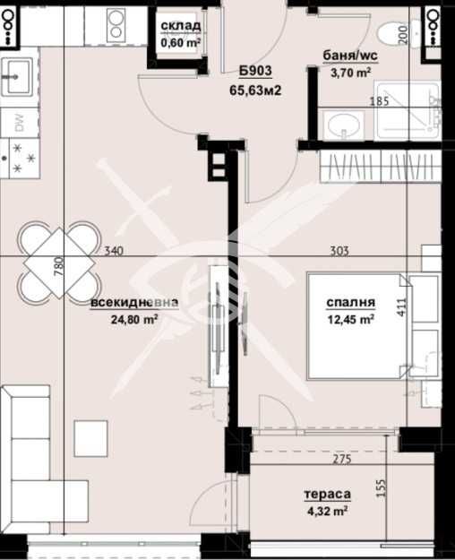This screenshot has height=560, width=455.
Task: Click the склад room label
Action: click(180, 25)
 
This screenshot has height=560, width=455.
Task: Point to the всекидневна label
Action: click(134, 302)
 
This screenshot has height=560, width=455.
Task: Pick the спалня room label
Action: click(349, 302)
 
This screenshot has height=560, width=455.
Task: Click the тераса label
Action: click(327, 494)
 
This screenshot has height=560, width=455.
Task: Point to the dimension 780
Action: click(58, 269)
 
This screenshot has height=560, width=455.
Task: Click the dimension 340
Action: click(112, 252)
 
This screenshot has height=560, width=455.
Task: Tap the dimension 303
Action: click(339, 252)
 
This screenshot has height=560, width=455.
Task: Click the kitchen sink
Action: click(17, 73)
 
